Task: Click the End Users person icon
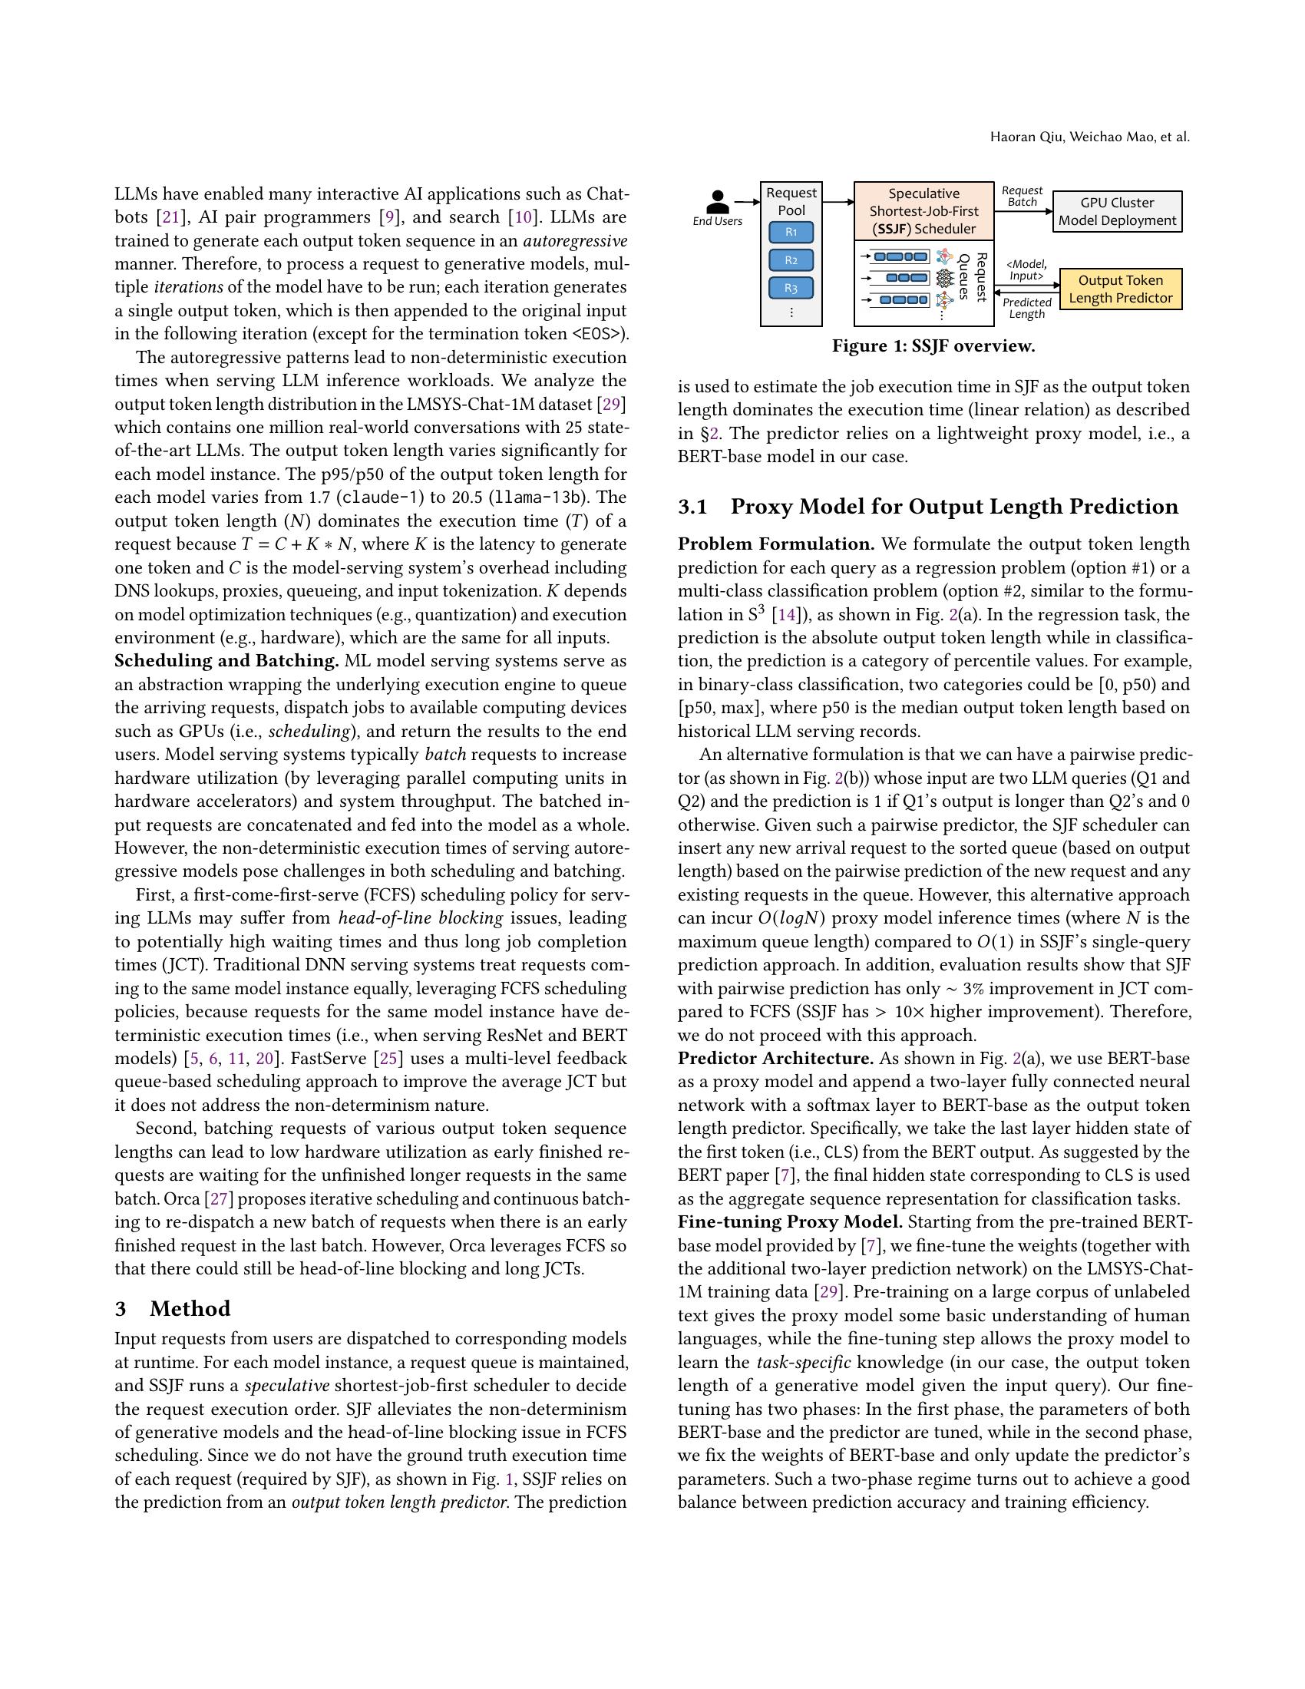tap(719, 202)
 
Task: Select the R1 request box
tap(791, 232)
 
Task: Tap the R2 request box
tap(791, 259)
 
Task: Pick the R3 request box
tap(791, 288)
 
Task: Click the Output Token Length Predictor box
tap(1119, 289)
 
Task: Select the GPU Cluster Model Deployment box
tap(1116, 211)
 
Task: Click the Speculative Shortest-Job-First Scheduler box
tap(923, 211)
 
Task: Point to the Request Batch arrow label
tap(1022, 196)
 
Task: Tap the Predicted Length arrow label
tap(1026, 308)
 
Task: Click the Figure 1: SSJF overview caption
tap(933, 345)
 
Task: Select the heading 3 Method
tap(173, 1308)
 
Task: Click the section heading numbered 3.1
tap(928, 507)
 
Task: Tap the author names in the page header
tap(1089, 137)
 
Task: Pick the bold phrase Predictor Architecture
tap(775, 1058)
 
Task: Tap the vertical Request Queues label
tap(973, 277)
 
